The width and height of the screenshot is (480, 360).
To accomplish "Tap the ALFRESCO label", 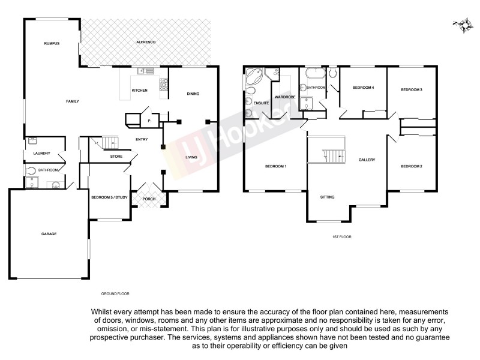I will tap(146, 43).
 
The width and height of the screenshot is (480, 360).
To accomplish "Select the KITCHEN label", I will tap(140, 91).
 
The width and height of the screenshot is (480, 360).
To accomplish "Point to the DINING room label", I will tap(193, 94).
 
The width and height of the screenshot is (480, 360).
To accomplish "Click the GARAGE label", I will tap(49, 233).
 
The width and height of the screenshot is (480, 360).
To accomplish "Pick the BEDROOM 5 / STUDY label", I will tap(108, 197).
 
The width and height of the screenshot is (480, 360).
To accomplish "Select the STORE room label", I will tap(116, 157).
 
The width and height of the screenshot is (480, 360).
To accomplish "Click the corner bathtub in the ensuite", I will tap(252, 77).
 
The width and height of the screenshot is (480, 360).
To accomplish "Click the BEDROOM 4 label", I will tap(363, 88).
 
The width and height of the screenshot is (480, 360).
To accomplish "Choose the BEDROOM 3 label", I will tap(412, 90).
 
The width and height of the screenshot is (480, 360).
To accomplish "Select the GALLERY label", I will tap(367, 160).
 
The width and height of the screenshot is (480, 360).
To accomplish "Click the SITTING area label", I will tap(327, 197).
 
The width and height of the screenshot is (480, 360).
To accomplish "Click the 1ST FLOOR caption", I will tap(341, 237).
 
